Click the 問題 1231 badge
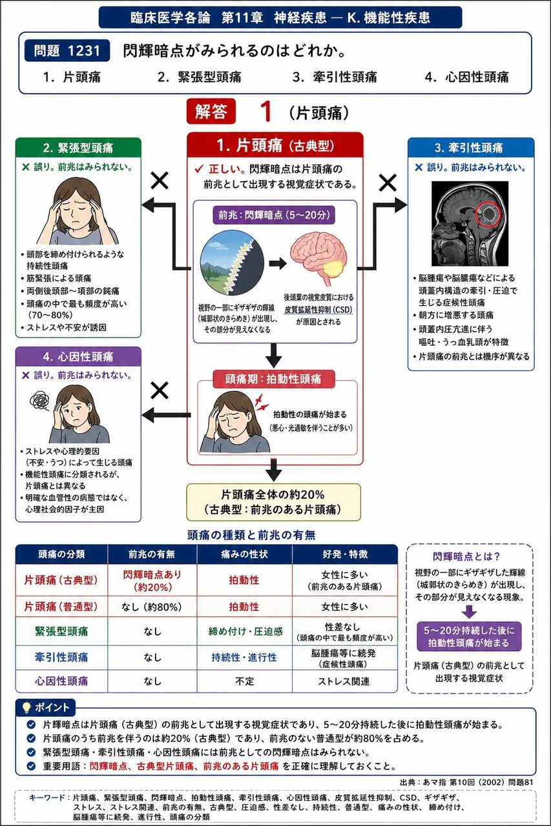[67, 50]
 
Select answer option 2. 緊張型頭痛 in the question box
[200, 77]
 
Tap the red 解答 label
[211, 112]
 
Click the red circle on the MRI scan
[488, 214]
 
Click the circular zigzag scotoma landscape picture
[232, 262]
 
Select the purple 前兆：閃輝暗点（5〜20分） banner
[274, 215]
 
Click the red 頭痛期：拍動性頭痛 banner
[273, 379]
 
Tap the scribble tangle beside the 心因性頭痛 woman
[40, 401]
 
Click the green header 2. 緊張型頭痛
[78, 148]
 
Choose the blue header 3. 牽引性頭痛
[471, 148]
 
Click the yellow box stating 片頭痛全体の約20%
[273, 502]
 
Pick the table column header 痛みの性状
[244, 554]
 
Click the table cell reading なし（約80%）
[152, 607]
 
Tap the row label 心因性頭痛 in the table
[61, 681]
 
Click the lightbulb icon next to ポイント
[26, 707]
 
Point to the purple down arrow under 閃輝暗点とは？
[469, 612]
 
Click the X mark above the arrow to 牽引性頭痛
[388, 183]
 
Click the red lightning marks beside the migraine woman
[262, 403]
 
